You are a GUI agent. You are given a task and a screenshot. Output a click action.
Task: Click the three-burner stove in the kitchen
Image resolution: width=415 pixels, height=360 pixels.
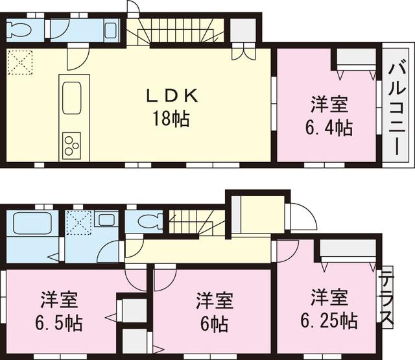click(x=70, y=144)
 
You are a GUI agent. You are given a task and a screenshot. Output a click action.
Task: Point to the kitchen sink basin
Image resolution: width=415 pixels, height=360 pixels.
click(x=70, y=101)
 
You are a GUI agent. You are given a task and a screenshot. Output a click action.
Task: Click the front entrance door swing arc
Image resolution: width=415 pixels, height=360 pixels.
click(x=301, y=214)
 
